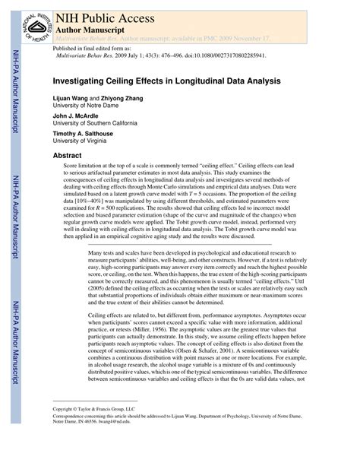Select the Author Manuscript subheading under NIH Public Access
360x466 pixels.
tap(90, 27)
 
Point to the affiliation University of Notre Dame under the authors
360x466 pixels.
tap(87, 106)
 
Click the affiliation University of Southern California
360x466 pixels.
tap(95, 124)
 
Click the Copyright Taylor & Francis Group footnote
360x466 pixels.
tap(95, 408)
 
